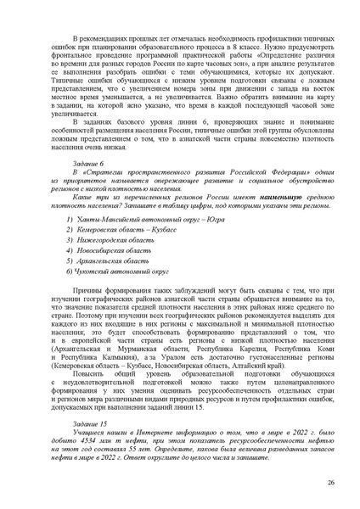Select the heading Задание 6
tap(90, 184)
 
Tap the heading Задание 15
tap(92, 422)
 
